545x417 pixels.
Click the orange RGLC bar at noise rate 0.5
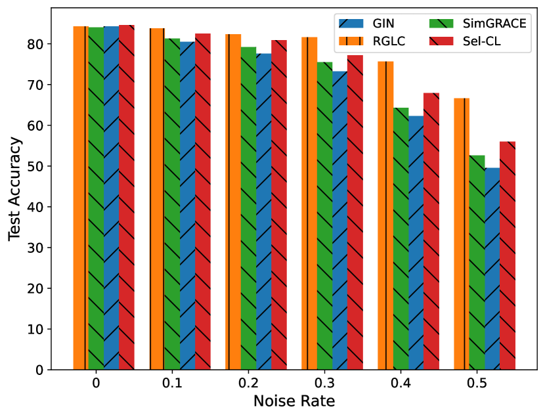462,234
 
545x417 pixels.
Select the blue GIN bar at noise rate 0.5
492,269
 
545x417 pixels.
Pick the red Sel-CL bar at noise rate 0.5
508,255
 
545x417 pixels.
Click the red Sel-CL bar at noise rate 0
127,197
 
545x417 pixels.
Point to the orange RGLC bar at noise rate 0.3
309,204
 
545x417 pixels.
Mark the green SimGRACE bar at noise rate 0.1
172,204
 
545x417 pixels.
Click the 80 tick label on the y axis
36,44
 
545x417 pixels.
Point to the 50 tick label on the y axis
36,166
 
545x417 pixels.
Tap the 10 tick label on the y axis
36,329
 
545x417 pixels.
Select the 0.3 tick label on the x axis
324,383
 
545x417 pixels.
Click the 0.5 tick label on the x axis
477,383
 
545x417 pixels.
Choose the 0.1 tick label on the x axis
172,383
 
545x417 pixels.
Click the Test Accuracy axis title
16,190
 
